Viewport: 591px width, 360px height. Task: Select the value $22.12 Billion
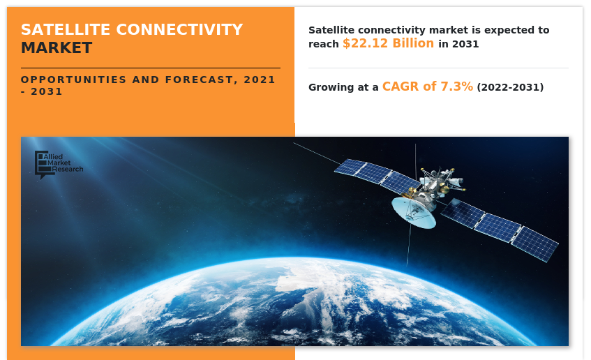point(388,43)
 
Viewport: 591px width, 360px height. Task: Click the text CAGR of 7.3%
point(427,87)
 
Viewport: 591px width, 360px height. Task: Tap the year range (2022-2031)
point(510,87)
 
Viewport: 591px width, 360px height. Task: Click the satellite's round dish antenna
point(413,212)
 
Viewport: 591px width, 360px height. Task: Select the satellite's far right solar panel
point(534,243)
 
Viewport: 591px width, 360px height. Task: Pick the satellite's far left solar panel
point(350,167)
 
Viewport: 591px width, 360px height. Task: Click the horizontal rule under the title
point(150,68)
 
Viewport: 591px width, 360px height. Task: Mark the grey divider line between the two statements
point(438,68)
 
